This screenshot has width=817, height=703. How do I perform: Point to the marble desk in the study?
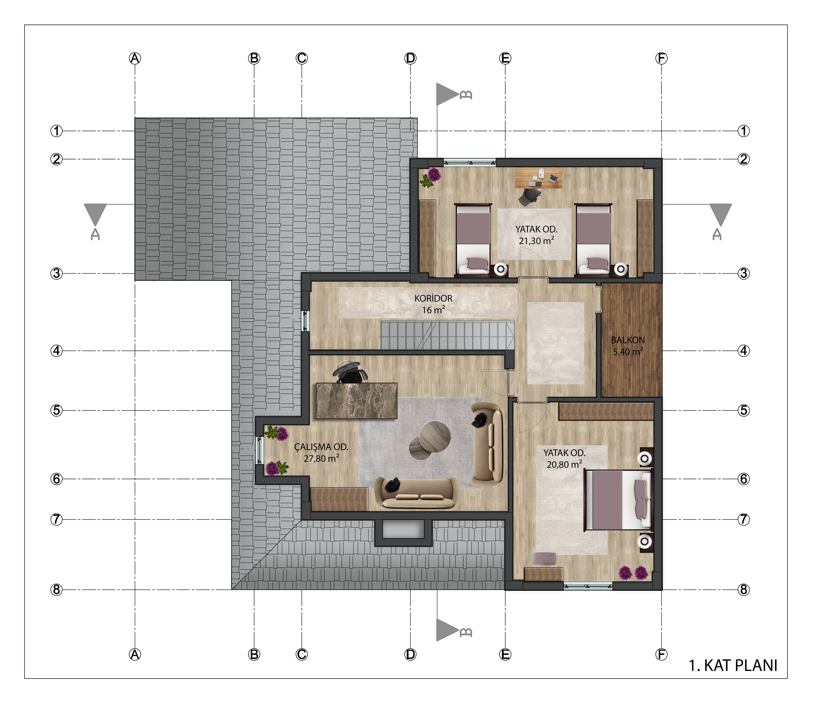tap(356, 400)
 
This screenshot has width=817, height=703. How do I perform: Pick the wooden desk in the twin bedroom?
tap(539, 178)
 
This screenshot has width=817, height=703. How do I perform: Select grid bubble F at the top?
tap(661, 58)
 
